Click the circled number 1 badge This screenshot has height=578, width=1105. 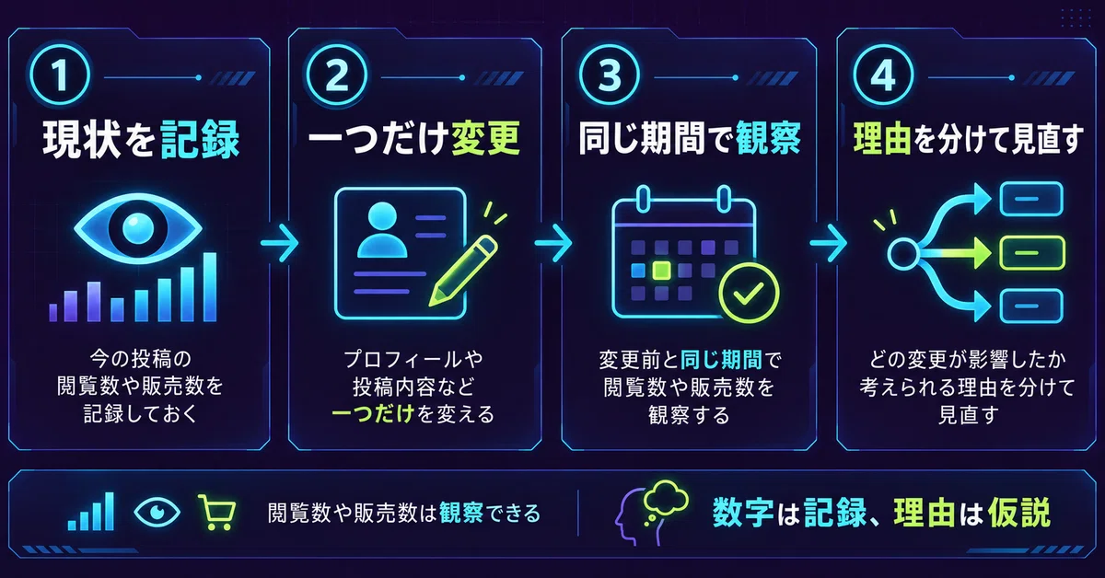(60, 75)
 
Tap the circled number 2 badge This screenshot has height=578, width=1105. (337, 75)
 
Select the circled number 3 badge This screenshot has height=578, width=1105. (610, 75)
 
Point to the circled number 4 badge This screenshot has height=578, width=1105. (883, 75)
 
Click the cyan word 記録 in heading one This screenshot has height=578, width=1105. (200, 140)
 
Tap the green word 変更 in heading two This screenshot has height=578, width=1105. (485, 139)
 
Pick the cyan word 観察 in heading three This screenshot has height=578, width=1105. (768, 139)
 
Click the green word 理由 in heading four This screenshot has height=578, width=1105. (882, 139)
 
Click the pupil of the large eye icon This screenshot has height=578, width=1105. (137, 228)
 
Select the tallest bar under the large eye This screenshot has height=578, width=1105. (210, 287)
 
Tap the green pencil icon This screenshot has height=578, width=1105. (462, 271)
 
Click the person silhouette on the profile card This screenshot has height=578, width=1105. (382, 230)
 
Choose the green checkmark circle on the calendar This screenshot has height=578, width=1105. (749, 293)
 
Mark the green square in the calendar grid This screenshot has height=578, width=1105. (661, 271)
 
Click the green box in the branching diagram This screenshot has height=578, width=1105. (1032, 253)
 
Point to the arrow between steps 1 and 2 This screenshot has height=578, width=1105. (279, 243)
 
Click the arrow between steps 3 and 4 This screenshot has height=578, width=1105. (829, 243)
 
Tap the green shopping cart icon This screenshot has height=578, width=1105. (217, 513)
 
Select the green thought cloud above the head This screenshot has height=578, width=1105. (666, 497)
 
